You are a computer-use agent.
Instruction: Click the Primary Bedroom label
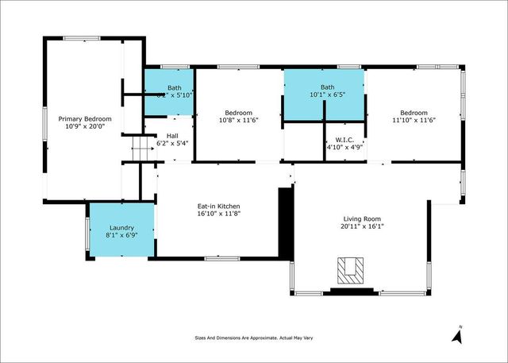click(x=86, y=118)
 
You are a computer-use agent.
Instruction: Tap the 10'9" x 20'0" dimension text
click(x=86, y=126)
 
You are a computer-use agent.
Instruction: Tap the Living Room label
click(x=362, y=218)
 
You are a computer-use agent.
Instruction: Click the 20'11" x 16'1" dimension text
click(x=362, y=226)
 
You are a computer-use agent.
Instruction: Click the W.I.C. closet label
click(x=344, y=139)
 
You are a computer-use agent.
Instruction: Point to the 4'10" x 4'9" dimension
click(x=344, y=147)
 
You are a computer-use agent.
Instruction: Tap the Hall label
click(x=172, y=136)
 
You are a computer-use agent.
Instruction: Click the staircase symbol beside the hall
click(x=140, y=147)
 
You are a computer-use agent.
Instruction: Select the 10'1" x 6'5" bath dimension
click(x=325, y=95)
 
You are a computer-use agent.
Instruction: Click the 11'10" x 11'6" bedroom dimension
click(x=414, y=120)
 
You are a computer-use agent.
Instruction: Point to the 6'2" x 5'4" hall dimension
click(x=172, y=144)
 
